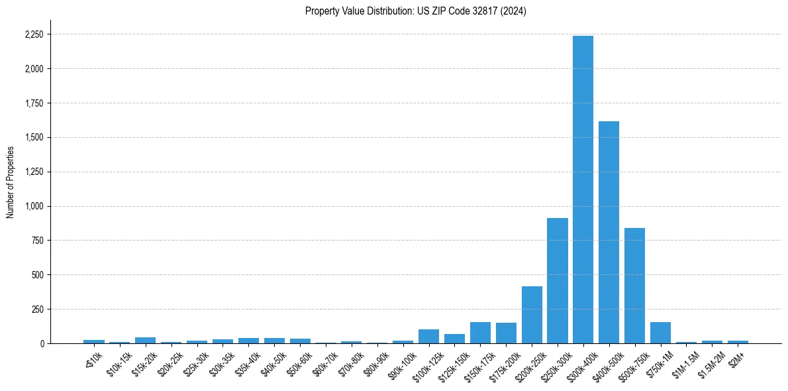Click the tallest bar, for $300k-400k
[583, 190]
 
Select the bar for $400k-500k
[609, 232]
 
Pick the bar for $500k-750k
[634, 286]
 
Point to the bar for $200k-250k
[532, 315]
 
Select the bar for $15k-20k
[145, 340]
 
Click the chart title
[416, 11]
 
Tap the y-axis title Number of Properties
[11, 182]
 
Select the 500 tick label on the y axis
[38, 275]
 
